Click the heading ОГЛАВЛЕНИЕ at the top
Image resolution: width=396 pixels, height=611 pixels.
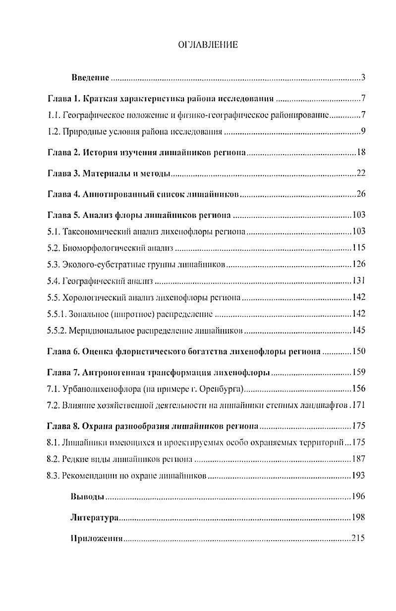click(208, 45)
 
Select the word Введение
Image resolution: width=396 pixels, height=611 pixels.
click(90, 78)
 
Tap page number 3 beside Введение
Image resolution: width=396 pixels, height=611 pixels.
click(363, 78)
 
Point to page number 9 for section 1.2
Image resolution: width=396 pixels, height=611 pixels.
click(363, 132)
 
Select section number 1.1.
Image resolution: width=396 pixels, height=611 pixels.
click(53, 115)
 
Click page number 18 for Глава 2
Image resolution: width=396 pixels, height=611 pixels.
click(360, 153)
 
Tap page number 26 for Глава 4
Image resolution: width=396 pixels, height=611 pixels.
click(360, 194)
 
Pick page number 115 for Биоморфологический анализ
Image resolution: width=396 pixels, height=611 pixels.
click(358, 248)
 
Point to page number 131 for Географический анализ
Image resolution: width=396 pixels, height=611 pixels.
click(358, 281)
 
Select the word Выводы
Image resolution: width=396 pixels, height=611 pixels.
click(88, 497)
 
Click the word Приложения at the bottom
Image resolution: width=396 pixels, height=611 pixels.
click(97, 538)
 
